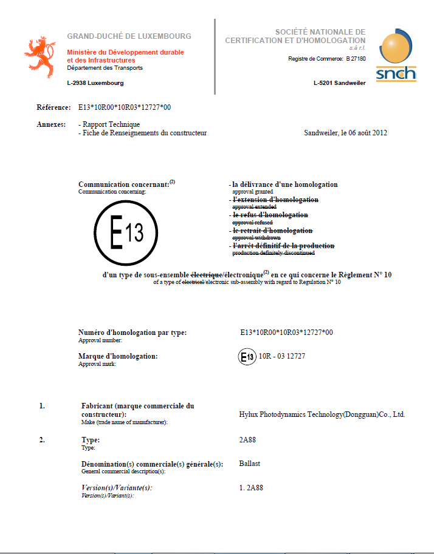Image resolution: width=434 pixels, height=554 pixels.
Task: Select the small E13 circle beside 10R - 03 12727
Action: click(247, 356)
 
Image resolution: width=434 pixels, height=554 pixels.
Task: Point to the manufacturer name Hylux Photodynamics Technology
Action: click(322, 414)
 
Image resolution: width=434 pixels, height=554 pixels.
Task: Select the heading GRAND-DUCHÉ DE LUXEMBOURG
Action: click(129, 36)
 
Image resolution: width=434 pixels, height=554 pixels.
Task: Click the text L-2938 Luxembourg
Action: click(95, 83)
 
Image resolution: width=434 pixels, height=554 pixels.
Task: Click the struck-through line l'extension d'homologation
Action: click(275, 200)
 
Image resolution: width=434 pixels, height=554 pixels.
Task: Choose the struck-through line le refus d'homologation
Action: click(270, 215)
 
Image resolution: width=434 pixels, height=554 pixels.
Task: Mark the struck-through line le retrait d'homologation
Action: click(272, 231)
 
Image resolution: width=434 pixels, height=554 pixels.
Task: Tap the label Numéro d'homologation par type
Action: click(133, 333)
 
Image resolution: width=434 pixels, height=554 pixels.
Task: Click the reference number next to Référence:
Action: click(125, 107)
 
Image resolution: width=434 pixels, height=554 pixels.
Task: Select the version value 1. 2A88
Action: click(252, 488)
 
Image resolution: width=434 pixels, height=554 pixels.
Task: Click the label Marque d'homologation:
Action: click(118, 356)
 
